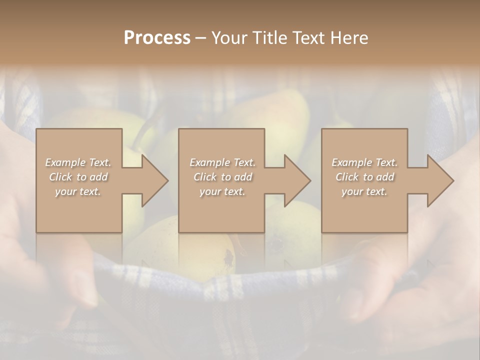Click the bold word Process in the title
pos(157,37)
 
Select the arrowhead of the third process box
pos(440,180)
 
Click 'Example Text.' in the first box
pos(78,162)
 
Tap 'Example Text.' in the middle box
pos(222,162)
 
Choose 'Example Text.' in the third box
pos(364,162)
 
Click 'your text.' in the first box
pos(78,191)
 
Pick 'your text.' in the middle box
pos(222,191)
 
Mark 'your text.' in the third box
pos(364,191)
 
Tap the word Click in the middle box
pos(205,177)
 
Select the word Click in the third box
pos(347,177)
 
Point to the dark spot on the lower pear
pos(229,257)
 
